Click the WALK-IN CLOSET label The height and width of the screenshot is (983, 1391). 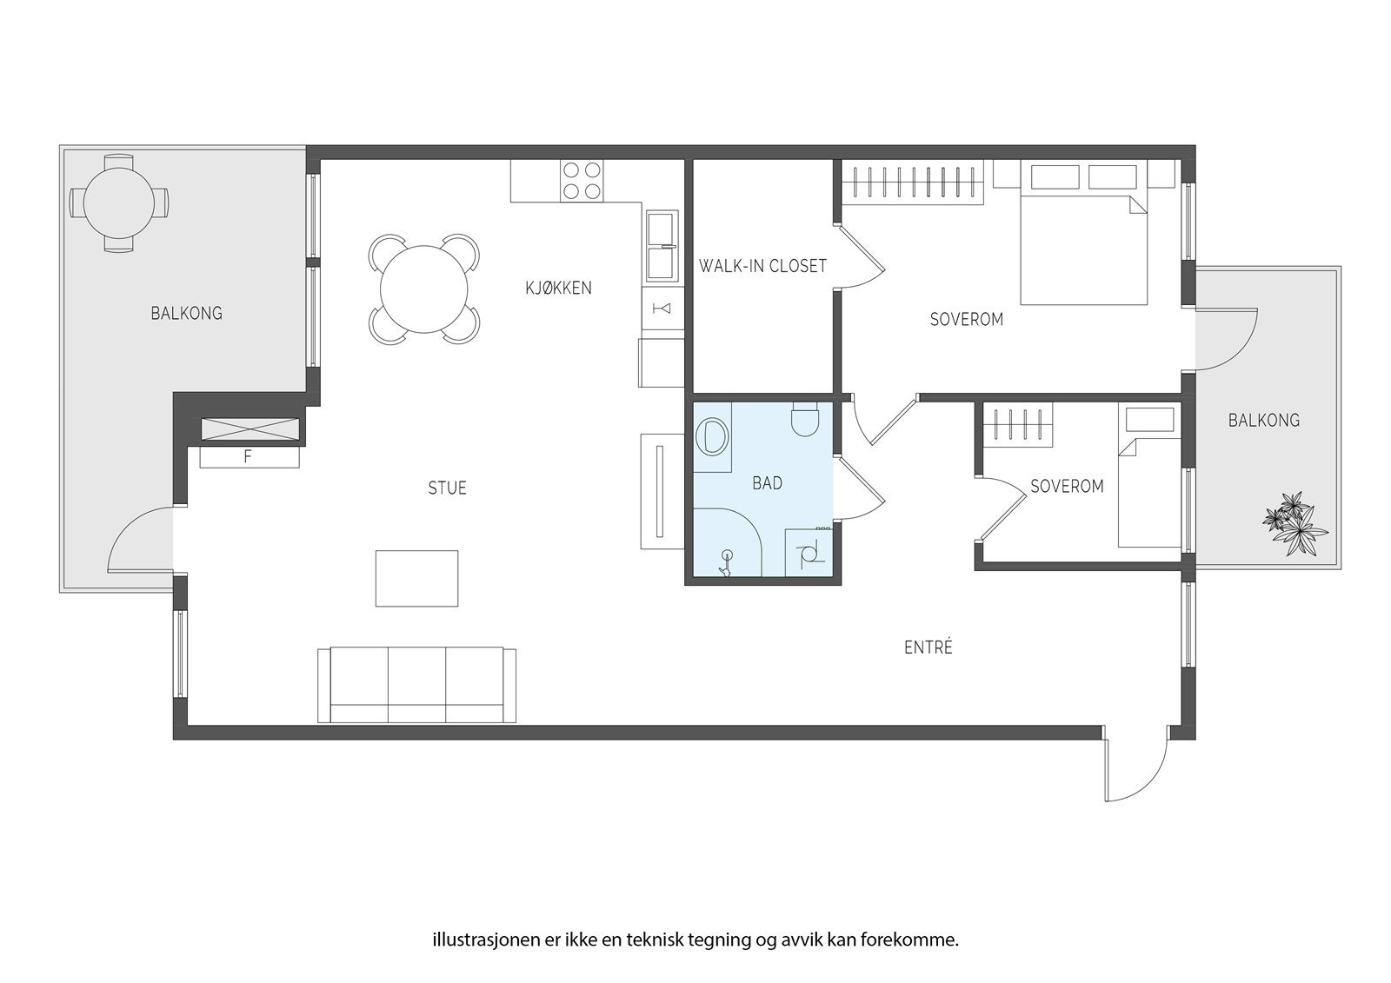[762, 267]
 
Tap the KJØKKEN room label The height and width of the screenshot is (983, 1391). [558, 289]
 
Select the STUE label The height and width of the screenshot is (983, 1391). [447, 488]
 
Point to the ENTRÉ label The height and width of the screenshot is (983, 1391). [928, 647]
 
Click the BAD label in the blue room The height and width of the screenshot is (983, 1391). [767, 483]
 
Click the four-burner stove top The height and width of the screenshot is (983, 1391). [582, 181]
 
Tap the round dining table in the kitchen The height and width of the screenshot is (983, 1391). [423, 289]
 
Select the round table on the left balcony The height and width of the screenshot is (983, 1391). [118, 203]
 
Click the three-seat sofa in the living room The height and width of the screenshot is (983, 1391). [416, 686]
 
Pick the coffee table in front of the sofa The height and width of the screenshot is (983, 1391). [416, 578]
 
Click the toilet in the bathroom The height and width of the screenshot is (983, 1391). [805, 419]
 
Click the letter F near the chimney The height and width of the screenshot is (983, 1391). [248, 458]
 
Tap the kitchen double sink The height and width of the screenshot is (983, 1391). [662, 245]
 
